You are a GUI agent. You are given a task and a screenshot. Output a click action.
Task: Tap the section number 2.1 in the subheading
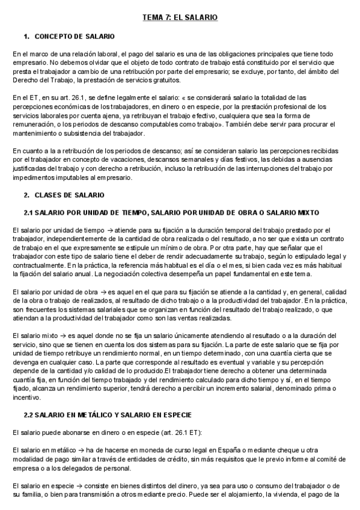28,212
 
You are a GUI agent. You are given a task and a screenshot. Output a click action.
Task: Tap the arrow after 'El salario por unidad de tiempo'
103,230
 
